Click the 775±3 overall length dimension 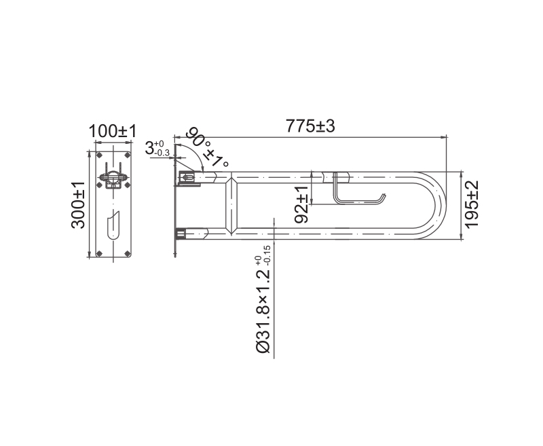pos(310,126)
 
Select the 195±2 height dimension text pos(472,204)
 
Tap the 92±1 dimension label pos(301,204)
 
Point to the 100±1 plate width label pos(113,131)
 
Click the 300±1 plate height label pos(78,205)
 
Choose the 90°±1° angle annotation pos(207,147)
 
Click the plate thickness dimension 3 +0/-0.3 pos(157,149)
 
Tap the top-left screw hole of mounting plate pos(99,155)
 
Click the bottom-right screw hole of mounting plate pos(127,253)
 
